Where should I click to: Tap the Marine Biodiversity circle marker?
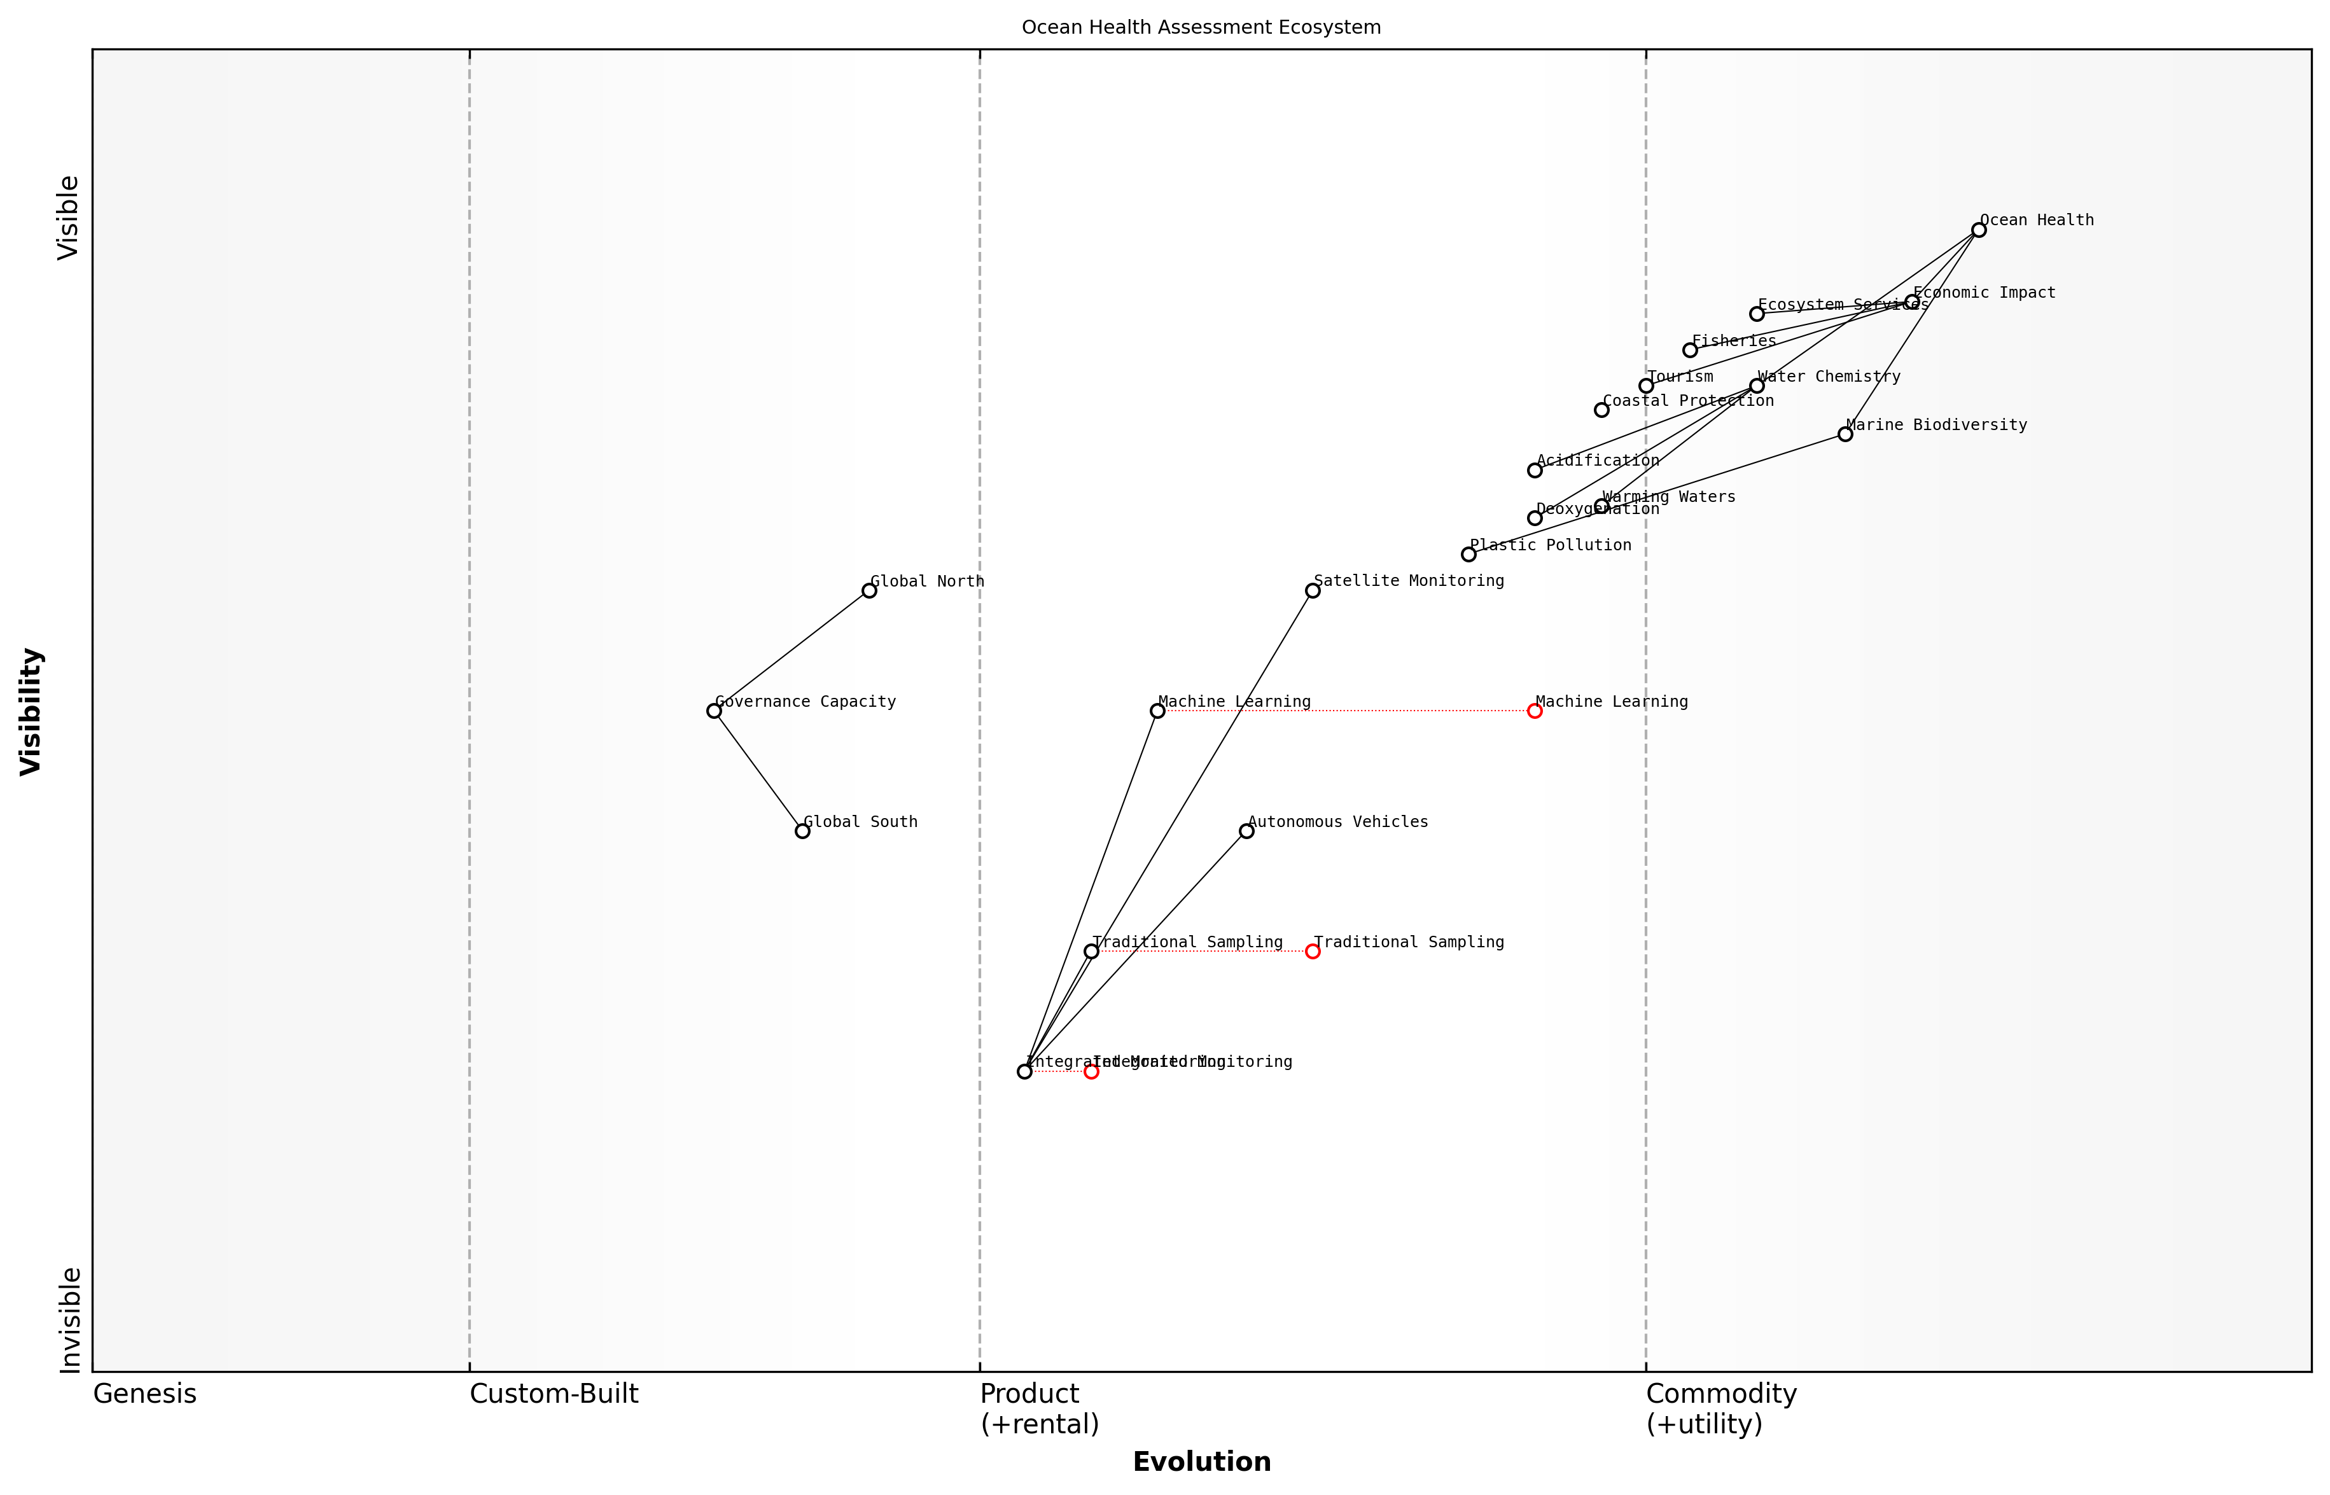tap(1845, 434)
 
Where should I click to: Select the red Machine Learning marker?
tap(1534, 711)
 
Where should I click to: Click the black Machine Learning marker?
tap(1157, 711)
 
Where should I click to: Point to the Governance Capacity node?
tap(713, 711)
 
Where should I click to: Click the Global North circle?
tap(869, 590)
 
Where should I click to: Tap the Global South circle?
tap(802, 831)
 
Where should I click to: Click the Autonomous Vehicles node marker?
tap(1246, 831)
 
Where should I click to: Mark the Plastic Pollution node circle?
tap(1468, 554)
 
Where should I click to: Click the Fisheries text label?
tap(1734, 341)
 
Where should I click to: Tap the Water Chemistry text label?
tap(1829, 377)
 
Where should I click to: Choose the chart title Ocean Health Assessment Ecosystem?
tap(1201, 27)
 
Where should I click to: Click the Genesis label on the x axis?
tap(144, 1394)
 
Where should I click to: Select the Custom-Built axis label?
tap(554, 1394)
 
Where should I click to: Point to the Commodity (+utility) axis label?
tap(1720, 1408)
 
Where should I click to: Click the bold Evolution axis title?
tap(1201, 1462)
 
